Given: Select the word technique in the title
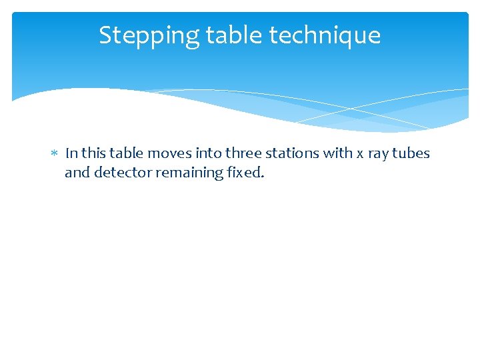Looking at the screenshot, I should click(325, 35).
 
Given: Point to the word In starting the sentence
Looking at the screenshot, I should click(71, 153).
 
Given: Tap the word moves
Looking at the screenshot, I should click(169, 153).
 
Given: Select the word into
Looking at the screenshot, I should click(209, 153).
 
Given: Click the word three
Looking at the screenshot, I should click(245, 153).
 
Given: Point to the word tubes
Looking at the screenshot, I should click(411, 153).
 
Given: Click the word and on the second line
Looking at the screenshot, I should click(77, 173).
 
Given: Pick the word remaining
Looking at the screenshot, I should click(187, 173).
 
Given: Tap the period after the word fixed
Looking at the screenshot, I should click(263, 177).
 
